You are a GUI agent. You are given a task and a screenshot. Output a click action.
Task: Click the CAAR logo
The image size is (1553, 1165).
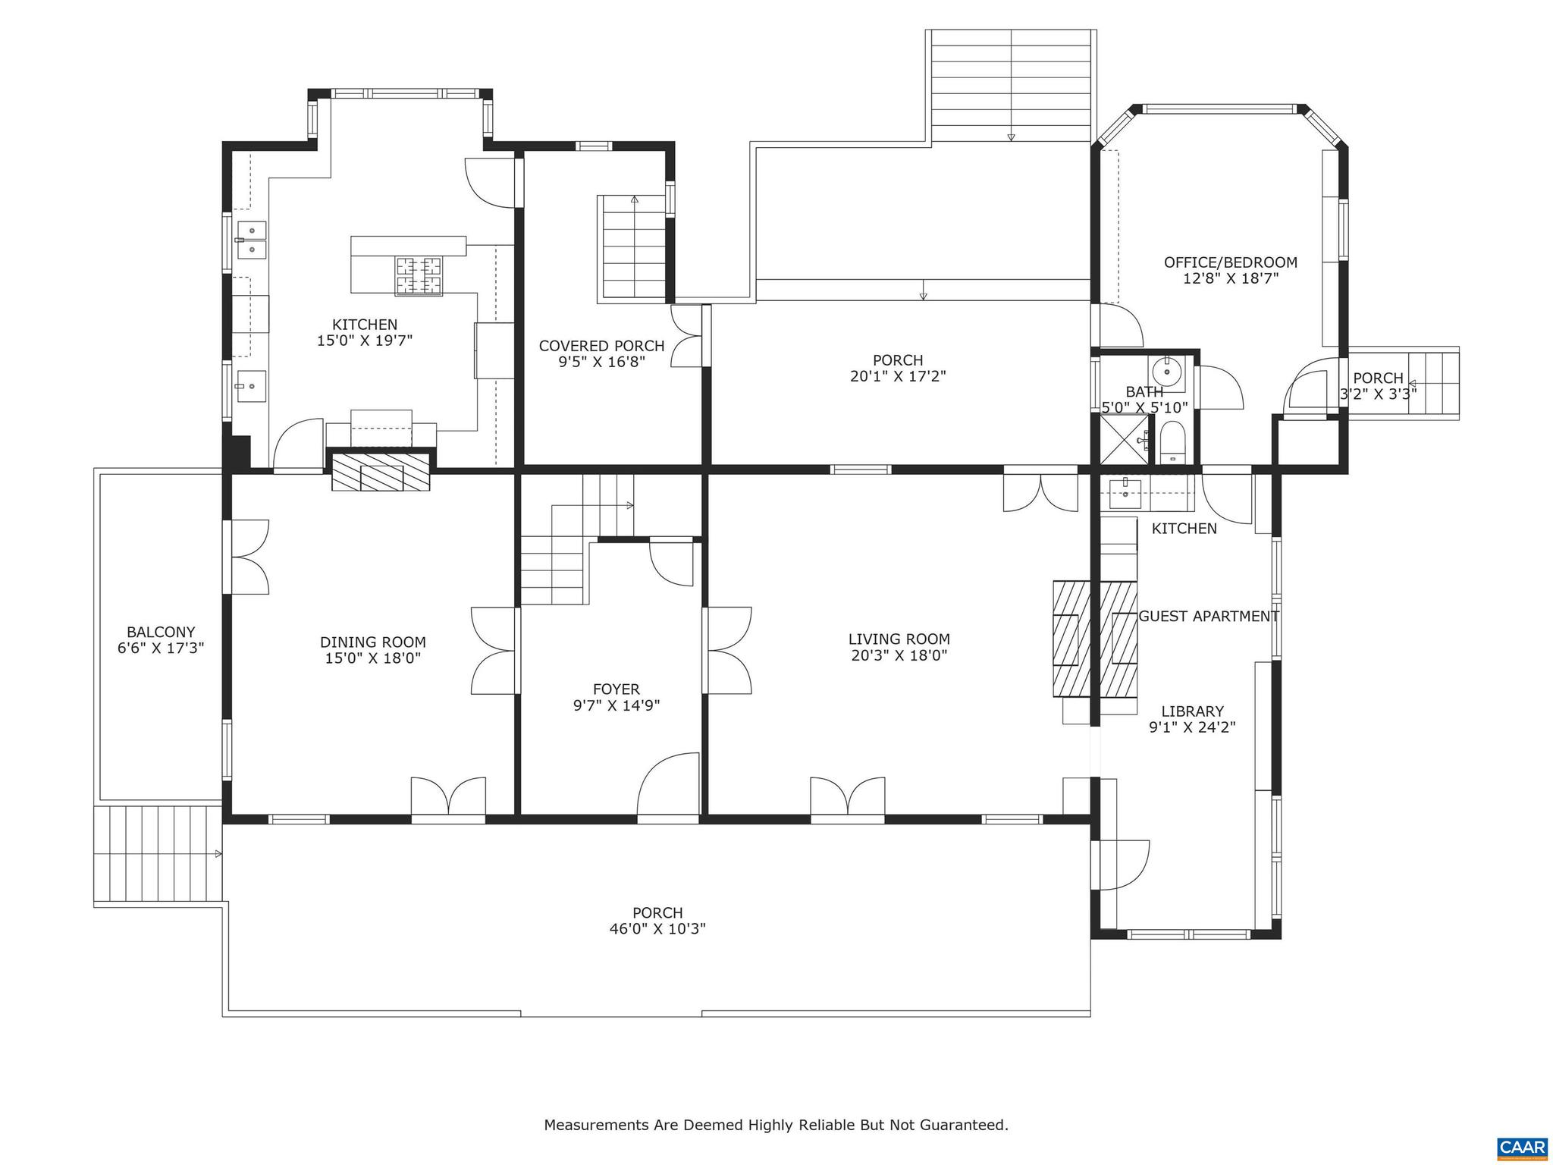(1523, 1148)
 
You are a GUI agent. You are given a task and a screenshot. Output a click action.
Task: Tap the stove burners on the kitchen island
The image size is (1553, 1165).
(419, 275)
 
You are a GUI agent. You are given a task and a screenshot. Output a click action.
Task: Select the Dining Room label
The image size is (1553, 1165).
(372, 642)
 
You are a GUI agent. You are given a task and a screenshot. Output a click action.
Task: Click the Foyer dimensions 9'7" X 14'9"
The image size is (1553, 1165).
(616, 705)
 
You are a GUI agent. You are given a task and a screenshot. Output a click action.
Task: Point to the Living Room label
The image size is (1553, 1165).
(899, 639)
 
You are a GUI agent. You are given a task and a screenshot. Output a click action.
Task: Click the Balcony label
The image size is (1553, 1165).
(161, 632)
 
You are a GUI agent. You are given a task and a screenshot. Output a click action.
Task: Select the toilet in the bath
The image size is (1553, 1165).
(1172, 446)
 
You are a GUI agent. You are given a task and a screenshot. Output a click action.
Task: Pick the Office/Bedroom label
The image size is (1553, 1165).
(1230, 262)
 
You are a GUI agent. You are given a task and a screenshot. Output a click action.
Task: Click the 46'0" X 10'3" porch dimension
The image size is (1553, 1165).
(657, 928)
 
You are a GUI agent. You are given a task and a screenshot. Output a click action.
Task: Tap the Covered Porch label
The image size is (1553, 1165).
(601, 346)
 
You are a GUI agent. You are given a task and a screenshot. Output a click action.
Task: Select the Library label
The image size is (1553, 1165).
(1192, 711)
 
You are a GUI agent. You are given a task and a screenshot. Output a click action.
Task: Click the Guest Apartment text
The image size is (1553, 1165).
(1208, 617)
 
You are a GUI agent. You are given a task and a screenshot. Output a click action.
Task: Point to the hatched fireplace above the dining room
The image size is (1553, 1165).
(381, 473)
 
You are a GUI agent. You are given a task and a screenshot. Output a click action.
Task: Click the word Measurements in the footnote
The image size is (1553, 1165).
(596, 1125)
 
